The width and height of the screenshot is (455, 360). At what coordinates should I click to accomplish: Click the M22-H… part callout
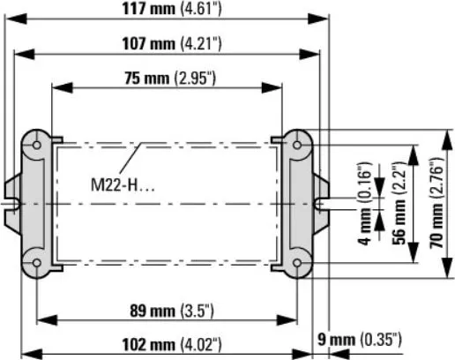tap(123, 186)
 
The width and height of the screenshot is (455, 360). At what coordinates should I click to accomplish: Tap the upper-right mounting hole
tap(299, 142)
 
